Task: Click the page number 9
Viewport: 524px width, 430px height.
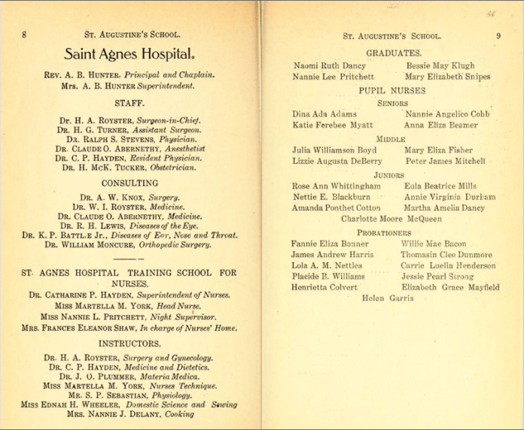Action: (x=498, y=35)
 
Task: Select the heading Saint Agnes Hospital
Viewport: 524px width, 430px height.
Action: (x=129, y=55)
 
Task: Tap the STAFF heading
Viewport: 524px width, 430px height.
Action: (x=129, y=102)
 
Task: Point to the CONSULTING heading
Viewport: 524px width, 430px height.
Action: (x=129, y=183)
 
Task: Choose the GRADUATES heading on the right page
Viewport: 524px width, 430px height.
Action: (x=393, y=53)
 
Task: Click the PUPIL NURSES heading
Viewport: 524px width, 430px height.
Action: (x=391, y=90)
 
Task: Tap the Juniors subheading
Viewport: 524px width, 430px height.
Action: (x=389, y=175)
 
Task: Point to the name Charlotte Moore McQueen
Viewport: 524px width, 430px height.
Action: (x=391, y=219)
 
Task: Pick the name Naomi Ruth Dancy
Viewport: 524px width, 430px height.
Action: (x=329, y=65)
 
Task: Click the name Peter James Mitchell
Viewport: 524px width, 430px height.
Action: (x=445, y=161)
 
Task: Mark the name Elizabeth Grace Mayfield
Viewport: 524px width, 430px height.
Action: (x=450, y=287)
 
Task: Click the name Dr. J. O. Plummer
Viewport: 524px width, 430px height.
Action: (x=93, y=377)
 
